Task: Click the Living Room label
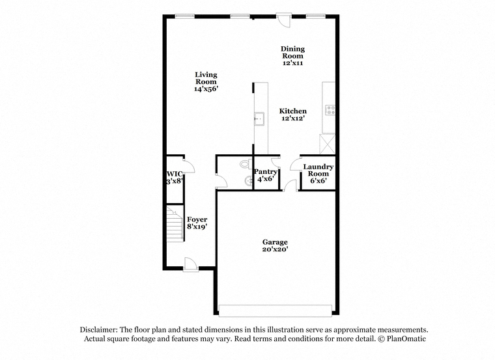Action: pos(206,78)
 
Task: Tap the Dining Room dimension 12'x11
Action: pos(292,62)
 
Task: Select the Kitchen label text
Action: pos(292,111)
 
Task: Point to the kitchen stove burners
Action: pos(330,110)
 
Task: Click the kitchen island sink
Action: pos(259,118)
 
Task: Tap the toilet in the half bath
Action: pos(246,164)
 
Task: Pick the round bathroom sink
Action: pos(248,181)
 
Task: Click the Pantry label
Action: pos(266,172)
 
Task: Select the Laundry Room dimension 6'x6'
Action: pos(318,180)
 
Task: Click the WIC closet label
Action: pos(175,174)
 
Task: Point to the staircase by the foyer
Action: pos(175,224)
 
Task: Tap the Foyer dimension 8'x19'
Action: pos(197,227)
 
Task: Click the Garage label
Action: pos(275,242)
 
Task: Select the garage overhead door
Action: pos(276,311)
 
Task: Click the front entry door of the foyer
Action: pos(191,264)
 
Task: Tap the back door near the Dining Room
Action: pos(284,20)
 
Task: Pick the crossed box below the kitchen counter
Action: pos(328,144)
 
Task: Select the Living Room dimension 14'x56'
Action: pos(206,89)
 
